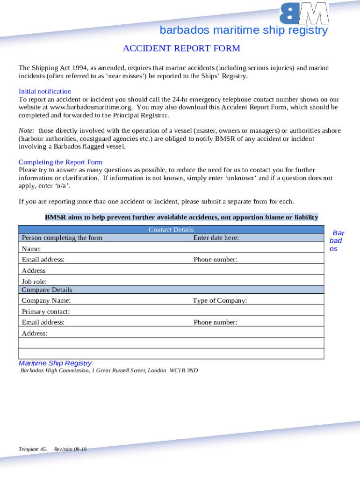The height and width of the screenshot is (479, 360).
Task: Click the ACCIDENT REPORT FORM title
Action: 181,49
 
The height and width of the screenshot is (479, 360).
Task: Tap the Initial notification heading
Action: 45,91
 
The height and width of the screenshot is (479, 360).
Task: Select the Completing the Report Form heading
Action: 60,162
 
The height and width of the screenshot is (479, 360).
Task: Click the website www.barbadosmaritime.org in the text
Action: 82,107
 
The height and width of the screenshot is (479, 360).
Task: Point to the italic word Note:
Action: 26,131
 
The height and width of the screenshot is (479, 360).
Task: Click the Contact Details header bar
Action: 171,229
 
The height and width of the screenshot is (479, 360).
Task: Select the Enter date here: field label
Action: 216,238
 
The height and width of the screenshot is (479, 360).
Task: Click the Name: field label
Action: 31,249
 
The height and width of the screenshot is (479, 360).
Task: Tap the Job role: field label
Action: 34,282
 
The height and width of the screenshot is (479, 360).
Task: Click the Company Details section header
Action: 47,290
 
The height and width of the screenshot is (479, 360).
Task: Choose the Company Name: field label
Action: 46,301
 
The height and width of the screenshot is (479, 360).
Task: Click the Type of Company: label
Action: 220,301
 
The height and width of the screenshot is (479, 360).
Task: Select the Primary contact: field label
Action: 46,312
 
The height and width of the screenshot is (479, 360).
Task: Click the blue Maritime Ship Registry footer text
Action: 55,363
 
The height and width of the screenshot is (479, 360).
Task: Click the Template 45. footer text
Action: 33,449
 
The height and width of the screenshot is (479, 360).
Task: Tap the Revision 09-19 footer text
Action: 70,449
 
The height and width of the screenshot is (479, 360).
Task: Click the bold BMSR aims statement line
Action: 181,217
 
